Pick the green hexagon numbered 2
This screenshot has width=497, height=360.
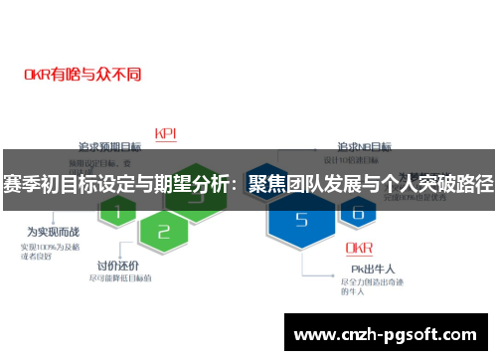point(164,234)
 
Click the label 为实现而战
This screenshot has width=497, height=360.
point(44,232)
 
